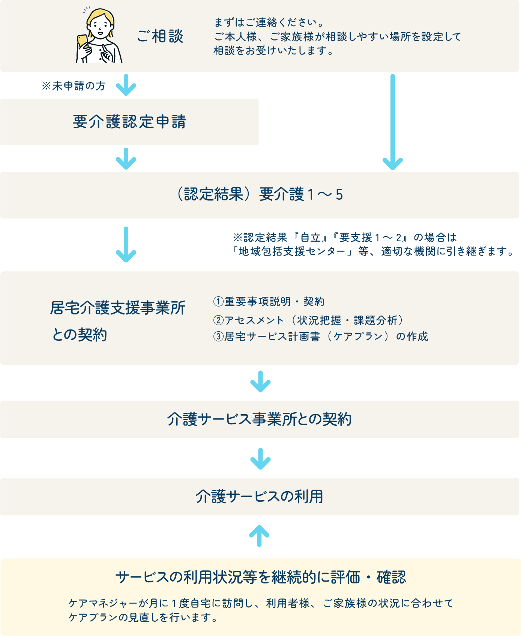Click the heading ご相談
pos(160,36)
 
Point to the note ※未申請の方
pos(74,86)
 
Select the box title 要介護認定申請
pos(129,122)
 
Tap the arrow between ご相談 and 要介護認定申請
pos(126,85)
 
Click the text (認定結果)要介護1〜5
pos(260,194)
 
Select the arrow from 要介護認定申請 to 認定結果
pos(126,158)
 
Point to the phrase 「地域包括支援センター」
pos(292,251)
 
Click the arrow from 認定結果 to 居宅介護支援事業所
pos(126,244)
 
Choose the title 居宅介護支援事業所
pos(118,308)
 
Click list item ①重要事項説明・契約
pos(269,301)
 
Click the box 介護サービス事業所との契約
pos(260,419)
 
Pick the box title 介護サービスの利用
pos(260,496)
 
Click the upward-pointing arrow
pos(260,535)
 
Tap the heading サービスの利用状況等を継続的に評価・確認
pos(261,577)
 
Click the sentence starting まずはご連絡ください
pos(269,23)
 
